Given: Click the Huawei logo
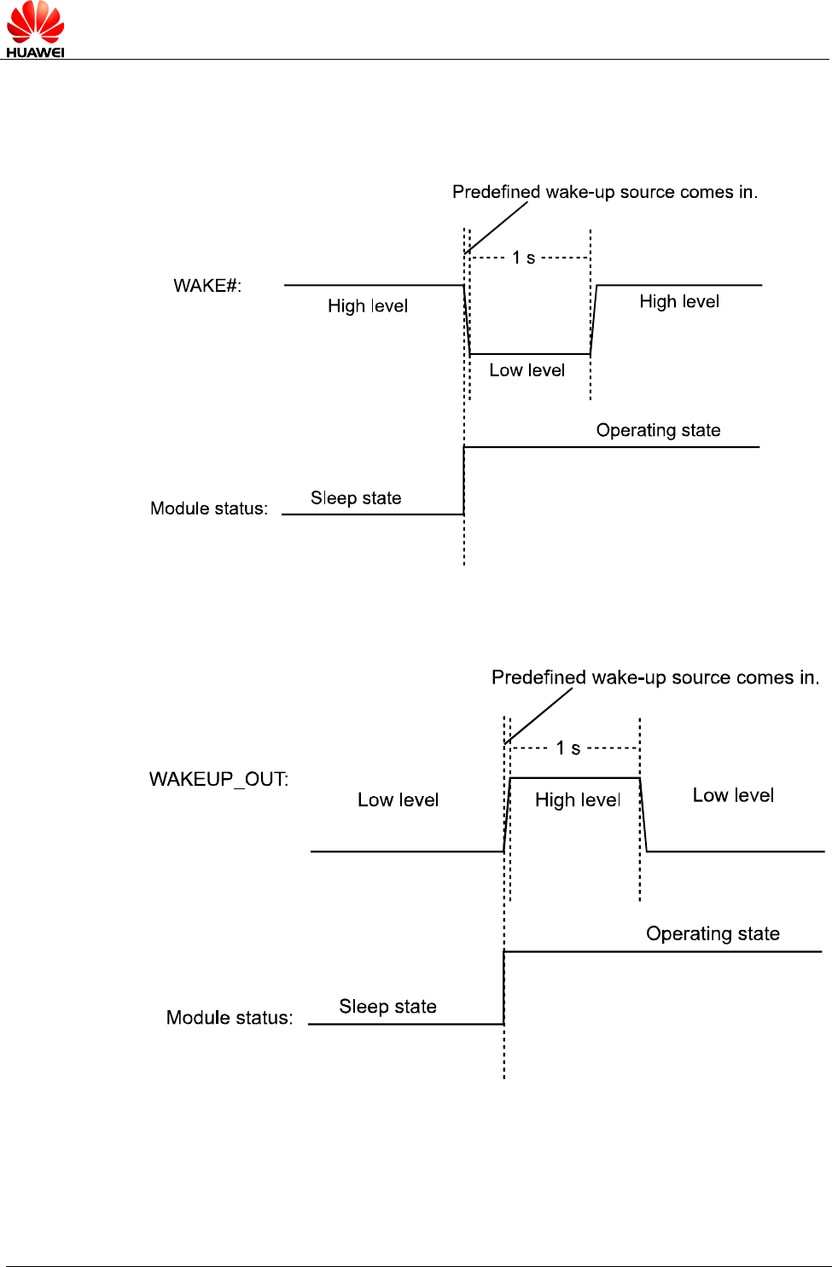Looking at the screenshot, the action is coord(35,29).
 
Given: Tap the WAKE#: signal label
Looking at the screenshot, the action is coord(207,286).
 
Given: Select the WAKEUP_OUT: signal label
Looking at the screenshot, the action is coord(219,780).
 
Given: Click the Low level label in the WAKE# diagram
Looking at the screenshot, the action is coord(527,370).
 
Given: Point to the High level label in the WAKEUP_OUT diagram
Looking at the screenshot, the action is coord(578,800).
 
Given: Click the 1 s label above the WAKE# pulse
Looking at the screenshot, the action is coord(523,258).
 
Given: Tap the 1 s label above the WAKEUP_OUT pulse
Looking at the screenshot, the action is coord(567,747).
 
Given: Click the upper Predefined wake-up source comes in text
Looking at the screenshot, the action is coord(605,192).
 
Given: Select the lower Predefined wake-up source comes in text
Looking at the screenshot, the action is coord(655,677).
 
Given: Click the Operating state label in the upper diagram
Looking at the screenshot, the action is coord(659,431).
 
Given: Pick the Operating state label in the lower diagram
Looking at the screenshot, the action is coord(713,934).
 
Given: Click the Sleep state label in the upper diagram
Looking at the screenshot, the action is coord(356,497).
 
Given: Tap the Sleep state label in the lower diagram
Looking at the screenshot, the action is coord(387,1006).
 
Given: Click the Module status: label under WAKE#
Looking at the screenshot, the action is coord(209,509).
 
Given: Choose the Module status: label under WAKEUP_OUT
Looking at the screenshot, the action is coord(230,1018).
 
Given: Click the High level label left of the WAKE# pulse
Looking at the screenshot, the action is coord(368,306).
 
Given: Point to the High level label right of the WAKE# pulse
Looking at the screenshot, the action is coord(679,301).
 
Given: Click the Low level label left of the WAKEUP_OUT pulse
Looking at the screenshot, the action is coord(399,799).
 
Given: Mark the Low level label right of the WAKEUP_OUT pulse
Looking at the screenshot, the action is coord(733,795).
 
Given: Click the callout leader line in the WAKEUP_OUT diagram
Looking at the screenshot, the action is coord(538,716).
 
